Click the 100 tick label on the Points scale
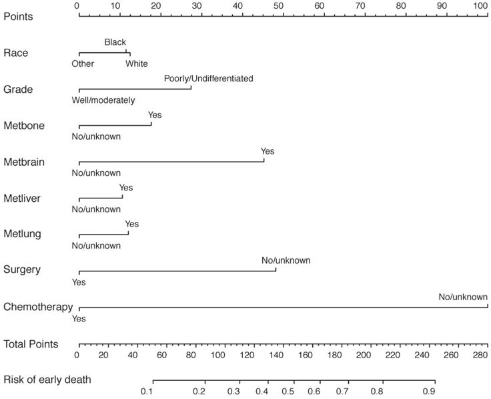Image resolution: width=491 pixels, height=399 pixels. tap(481, 5)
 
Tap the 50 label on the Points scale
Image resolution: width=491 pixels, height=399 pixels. tap(279, 5)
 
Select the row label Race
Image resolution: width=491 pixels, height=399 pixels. tap(16, 53)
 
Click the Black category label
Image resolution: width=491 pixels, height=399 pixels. tap(115, 42)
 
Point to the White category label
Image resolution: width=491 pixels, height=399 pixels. tap(137, 64)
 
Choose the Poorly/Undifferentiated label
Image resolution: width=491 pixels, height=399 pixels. tap(209, 78)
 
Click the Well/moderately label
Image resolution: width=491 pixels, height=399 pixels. tap(103, 100)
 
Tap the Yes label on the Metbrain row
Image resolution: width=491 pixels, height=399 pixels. tap(268, 151)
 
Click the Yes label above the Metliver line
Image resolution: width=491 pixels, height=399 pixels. tap(126, 188)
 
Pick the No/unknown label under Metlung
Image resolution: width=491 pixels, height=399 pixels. tap(96, 245)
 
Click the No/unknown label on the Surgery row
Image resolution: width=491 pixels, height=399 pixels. tap(286, 260)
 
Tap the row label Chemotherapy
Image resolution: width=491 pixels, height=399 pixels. tap(38, 307)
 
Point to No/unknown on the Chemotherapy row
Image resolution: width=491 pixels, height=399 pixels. tap(463, 297)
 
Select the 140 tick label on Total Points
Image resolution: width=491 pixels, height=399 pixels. tap(278, 355)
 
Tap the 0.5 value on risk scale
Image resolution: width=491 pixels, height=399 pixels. tap(288, 391)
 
